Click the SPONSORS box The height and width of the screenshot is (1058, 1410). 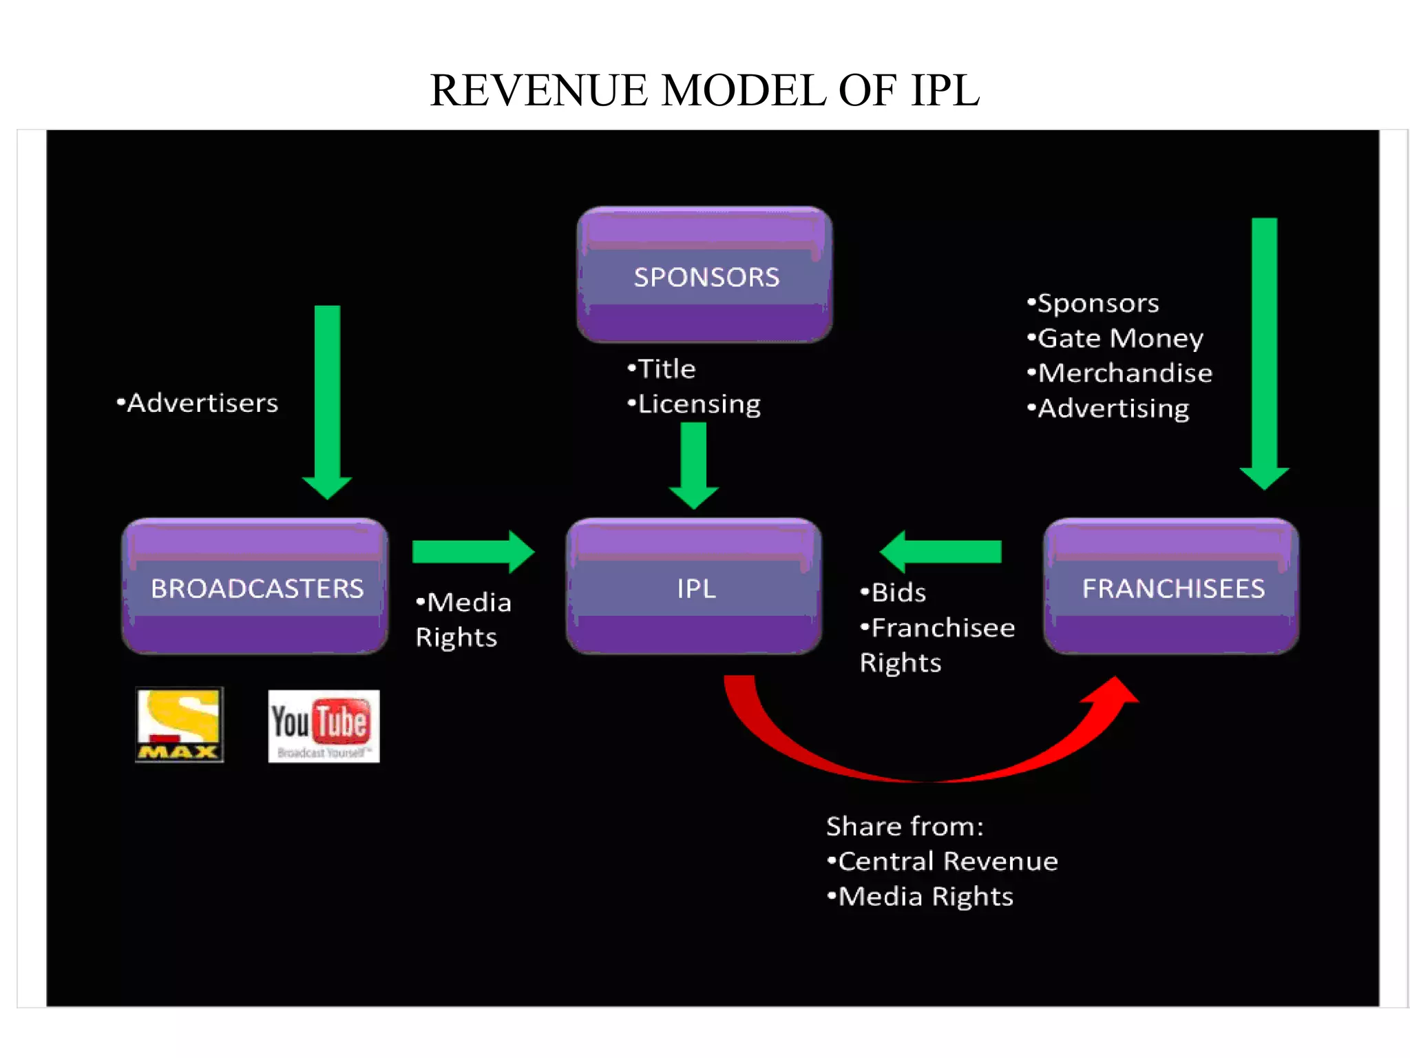705,276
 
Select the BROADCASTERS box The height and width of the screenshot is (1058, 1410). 255,587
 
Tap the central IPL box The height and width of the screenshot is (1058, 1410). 694,587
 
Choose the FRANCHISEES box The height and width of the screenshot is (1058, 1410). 1172,587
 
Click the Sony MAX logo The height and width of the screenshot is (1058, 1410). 180,725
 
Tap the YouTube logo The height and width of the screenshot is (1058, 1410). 324,726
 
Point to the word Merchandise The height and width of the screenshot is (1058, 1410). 1125,373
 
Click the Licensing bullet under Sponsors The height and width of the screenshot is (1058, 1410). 695,404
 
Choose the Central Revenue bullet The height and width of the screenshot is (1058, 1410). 943,861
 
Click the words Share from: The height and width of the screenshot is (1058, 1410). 905,826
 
